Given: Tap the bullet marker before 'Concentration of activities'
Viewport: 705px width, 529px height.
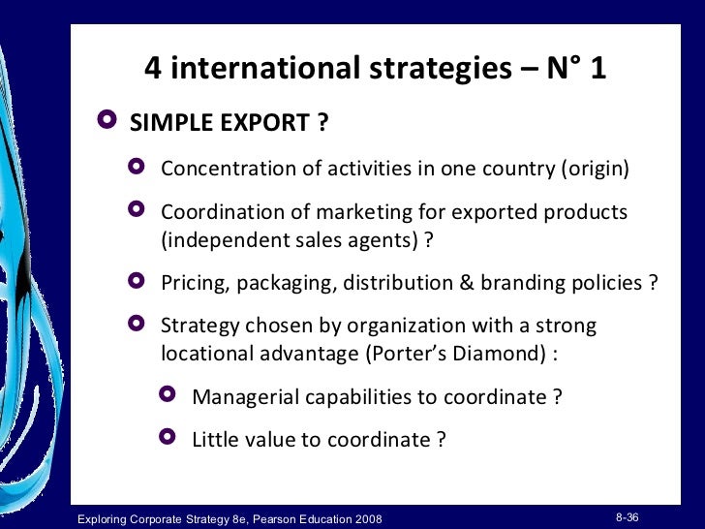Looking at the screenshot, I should coord(137,167).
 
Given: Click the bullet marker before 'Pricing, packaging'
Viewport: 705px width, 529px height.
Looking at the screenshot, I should coord(137,281).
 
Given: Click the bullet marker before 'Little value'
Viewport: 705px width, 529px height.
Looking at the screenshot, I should coord(169,438).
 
